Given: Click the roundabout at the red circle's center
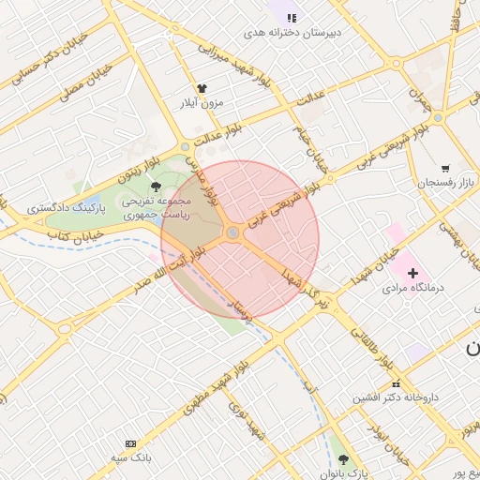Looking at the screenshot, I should pos(232,233).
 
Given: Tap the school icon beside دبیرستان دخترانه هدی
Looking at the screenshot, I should pos(292,17).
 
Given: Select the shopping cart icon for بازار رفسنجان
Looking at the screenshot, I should pos(443,168).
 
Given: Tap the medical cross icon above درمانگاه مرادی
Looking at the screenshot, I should pos(412,272).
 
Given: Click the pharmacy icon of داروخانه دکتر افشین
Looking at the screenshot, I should pos(396,383).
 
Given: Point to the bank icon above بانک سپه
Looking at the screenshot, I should pos(130,443).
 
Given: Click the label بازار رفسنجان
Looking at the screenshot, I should pos(448,182).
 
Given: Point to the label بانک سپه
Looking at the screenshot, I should pos(130,457).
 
